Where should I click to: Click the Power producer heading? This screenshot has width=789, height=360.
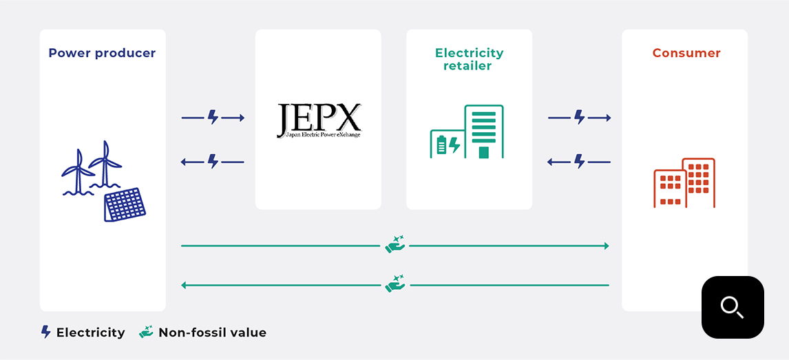(102, 53)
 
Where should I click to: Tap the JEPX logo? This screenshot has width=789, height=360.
(319, 120)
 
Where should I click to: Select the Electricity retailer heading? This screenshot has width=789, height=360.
(469, 59)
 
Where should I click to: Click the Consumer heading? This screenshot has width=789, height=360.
(686, 53)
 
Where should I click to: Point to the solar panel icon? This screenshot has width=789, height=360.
(125, 204)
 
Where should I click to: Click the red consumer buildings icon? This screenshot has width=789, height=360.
(684, 183)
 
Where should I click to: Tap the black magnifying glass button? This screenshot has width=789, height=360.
(733, 307)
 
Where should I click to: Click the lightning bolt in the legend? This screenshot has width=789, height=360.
(46, 332)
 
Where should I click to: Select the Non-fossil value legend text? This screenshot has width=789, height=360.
(212, 332)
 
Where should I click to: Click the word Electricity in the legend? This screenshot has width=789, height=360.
(91, 332)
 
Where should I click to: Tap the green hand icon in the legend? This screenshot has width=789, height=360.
(146, 332)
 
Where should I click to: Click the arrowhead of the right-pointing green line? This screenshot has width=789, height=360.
(606, 246)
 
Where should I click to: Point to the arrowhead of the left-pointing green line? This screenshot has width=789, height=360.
(184, 285)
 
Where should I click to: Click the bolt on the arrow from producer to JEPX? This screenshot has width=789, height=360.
(213, 118)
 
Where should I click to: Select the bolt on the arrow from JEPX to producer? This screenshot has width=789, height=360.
(213, 162)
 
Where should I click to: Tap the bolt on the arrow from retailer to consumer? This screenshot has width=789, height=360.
(579, 118)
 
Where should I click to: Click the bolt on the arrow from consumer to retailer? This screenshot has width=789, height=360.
(579, 162)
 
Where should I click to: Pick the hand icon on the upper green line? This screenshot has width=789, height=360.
(395, 244)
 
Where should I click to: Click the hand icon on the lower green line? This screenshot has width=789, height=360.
(395, 284)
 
